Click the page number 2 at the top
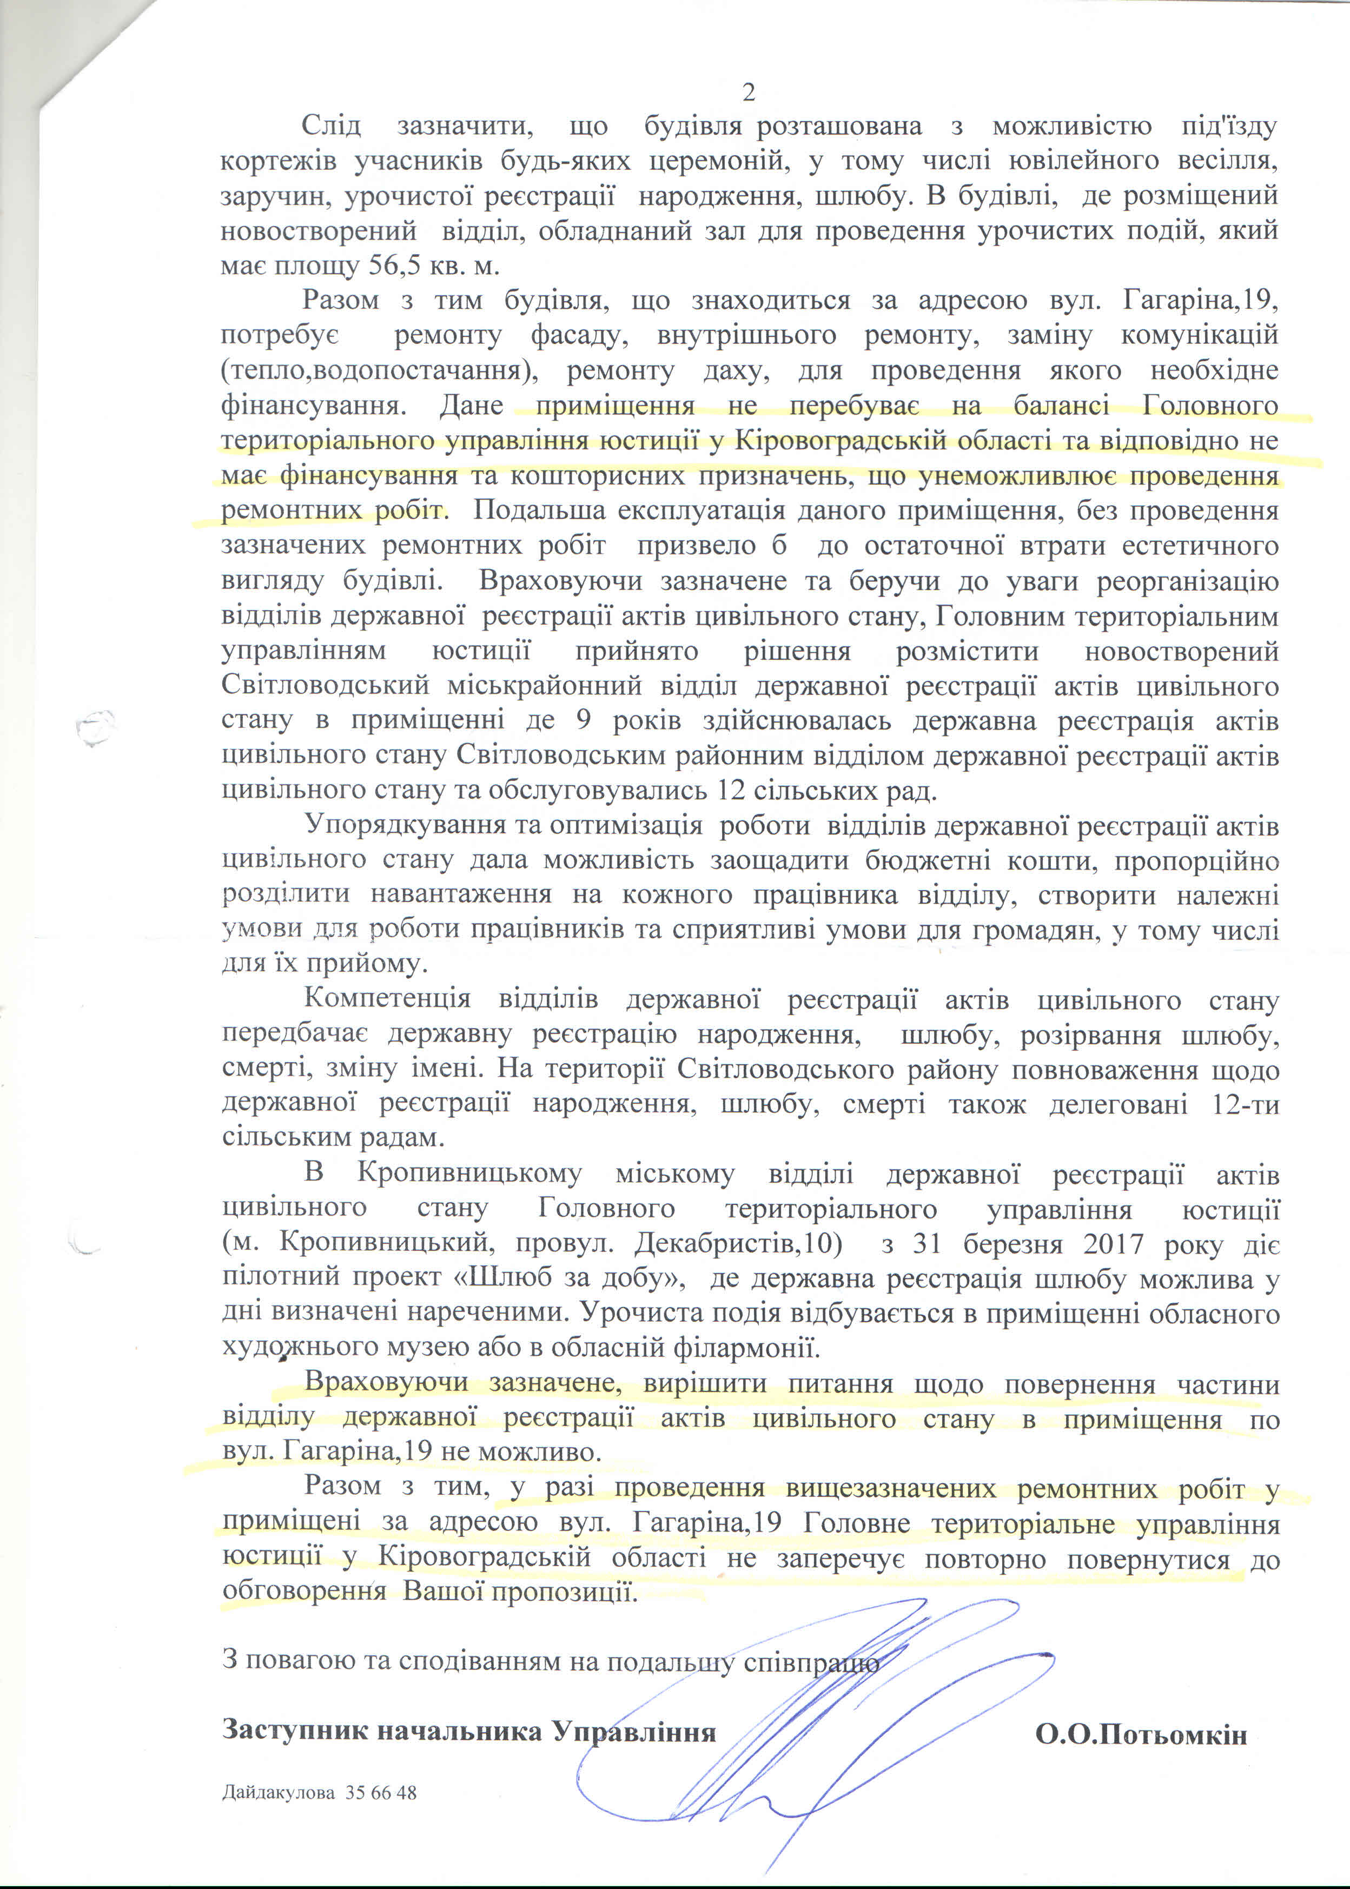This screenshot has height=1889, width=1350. (748, 93)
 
